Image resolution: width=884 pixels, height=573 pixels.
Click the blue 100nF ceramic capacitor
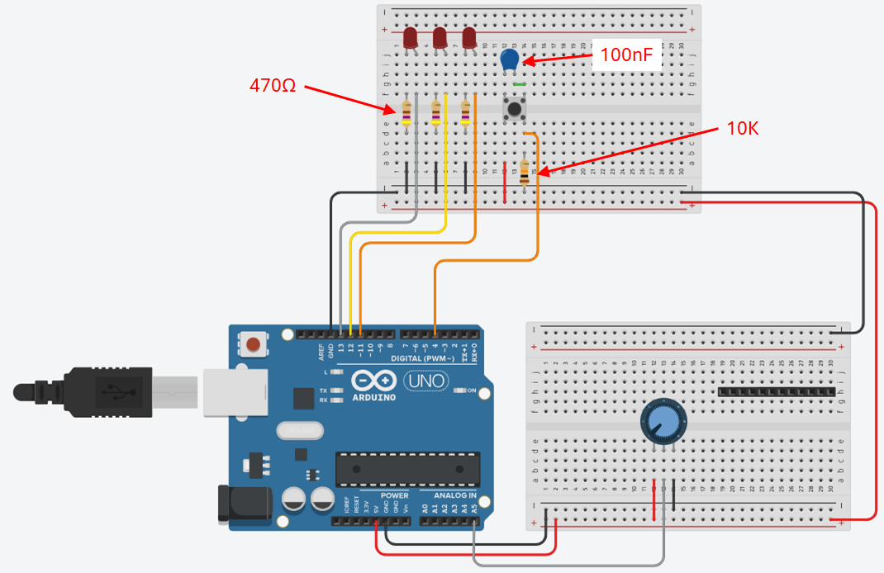coord(510,59)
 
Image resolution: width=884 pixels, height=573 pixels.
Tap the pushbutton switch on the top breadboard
coord(516,109)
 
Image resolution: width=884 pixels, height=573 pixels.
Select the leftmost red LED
coord(410,36)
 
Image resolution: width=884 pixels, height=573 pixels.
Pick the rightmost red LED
coord(469,37)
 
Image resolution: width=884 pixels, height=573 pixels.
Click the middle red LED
coord(440,37)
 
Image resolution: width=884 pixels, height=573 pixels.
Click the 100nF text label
coord(625,55)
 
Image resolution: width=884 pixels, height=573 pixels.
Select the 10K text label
coord(743,128)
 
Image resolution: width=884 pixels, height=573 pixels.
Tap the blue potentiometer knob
coord(663,420)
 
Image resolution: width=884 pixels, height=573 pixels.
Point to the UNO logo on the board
coord(425,381)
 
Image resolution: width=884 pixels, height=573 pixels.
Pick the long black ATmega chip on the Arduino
coord(407,470)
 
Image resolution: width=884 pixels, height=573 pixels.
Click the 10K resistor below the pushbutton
coord(525,173)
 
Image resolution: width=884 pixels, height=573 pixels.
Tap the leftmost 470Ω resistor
coord(406,114)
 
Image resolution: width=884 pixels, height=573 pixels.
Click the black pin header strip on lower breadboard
coord(777,391)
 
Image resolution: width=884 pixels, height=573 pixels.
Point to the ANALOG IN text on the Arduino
coord(449,495)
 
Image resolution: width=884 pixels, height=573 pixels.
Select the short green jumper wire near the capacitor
coord(520,83)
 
